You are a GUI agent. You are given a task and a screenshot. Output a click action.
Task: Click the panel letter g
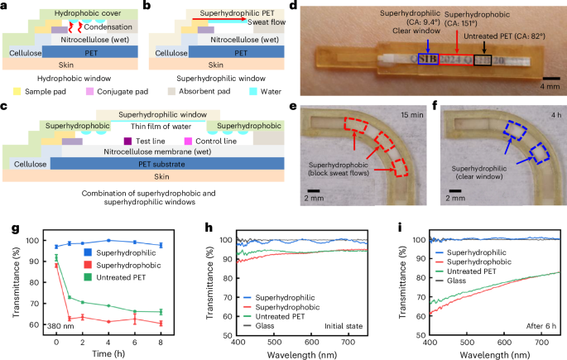tap(7, 226)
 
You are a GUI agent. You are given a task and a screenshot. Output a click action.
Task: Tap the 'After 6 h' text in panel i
tap(538, 329)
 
